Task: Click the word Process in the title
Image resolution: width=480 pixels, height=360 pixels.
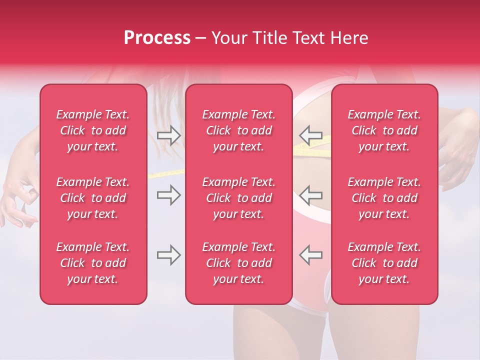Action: [157, 38]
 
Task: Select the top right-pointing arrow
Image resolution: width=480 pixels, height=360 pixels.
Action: [168, 135]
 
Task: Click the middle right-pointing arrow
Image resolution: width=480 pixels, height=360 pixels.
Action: [168, 195]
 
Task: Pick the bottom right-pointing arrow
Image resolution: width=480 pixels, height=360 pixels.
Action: [168, 255]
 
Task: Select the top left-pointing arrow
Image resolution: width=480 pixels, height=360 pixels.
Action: [310, 135]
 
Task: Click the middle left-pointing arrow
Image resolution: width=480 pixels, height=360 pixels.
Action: [310, 195]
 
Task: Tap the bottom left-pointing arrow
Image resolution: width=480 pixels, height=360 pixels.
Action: [310, 255]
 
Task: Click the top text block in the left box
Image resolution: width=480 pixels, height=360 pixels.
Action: [93, 130]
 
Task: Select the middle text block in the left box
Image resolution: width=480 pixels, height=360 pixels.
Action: [93, 198]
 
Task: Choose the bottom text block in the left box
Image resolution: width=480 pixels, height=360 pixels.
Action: [93, 263]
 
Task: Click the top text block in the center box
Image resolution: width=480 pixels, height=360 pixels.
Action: [239, 130]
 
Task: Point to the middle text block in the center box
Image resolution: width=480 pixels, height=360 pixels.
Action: [239, 198]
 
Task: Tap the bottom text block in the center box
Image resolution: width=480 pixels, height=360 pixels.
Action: [239, 263]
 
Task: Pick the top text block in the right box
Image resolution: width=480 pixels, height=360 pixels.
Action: [384, 130]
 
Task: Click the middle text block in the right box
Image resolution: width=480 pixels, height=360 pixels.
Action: [384, 198]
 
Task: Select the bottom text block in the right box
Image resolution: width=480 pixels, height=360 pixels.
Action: [384, 263]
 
